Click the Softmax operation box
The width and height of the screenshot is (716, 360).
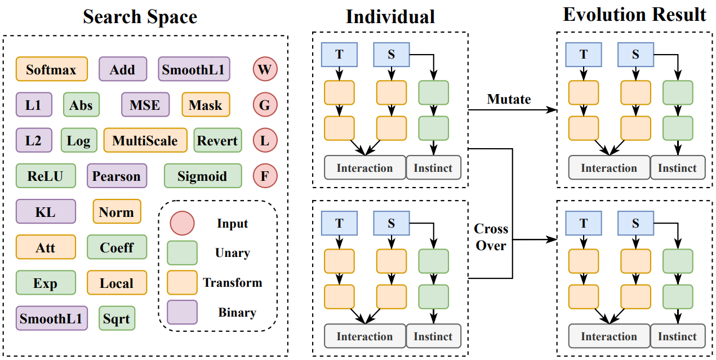51,69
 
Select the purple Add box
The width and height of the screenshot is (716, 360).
122,69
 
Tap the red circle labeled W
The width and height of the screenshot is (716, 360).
265,69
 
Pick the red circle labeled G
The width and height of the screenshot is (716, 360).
265,105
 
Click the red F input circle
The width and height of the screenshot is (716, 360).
265,176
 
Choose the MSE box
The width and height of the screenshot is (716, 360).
145,105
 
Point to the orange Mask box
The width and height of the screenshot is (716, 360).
206,105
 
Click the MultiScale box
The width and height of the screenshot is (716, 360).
145,140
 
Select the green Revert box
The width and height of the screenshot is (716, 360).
217,140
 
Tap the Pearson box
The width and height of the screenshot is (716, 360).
117,176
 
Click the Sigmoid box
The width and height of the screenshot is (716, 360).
202,176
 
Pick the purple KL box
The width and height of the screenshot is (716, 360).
45,212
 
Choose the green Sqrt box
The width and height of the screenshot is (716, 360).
117,319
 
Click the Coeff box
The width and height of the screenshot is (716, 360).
117,247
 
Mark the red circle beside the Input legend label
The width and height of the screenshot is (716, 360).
182,224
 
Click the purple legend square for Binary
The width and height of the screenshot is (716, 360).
182,312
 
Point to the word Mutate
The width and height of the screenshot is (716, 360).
509,99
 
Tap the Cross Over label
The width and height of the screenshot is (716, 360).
491,237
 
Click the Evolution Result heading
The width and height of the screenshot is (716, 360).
634,15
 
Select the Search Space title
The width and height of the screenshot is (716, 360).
140,17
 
